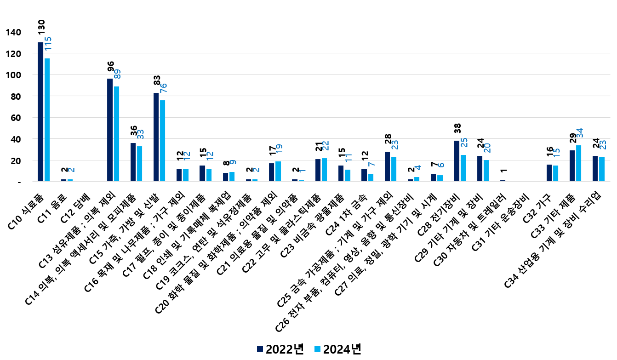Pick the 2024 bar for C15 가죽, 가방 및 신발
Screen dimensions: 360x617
point(163,141)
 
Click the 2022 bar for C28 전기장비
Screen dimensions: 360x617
point(457,161)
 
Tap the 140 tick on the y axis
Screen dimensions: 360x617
point(13,32)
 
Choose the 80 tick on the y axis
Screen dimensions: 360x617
point(15,96)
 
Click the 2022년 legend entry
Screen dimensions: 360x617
point(280,349)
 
